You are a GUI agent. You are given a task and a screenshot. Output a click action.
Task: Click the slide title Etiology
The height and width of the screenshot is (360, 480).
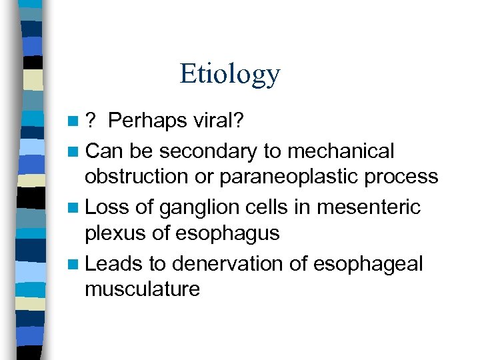tap(229, 74)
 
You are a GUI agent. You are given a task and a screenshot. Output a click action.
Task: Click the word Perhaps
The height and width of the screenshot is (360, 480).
tap(147, 123)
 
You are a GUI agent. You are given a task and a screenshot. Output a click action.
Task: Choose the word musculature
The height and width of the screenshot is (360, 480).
tap(142, 289)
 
